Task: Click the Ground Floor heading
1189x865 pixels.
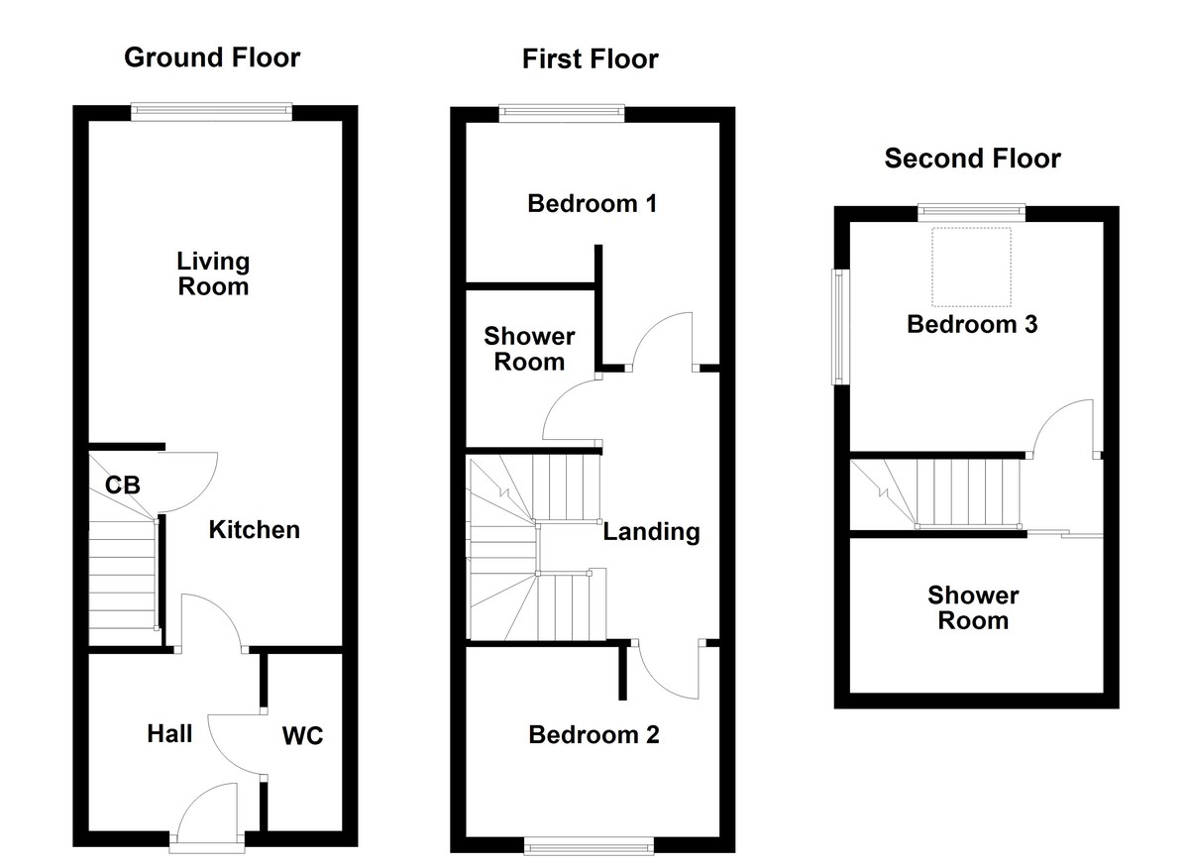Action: click(212, 57)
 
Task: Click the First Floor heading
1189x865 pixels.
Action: click(591, 59)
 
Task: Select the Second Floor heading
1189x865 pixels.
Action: click(972, 159)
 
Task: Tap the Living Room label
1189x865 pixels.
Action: click(213, 274)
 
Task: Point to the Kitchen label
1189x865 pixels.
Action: click(254, 530)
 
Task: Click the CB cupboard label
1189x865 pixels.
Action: click(124, 486)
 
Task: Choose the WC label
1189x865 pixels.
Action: click(302, 736)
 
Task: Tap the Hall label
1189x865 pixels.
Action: click(169, 734)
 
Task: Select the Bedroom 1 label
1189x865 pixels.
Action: click(592, 204)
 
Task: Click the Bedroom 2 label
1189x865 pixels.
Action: click(594, 735)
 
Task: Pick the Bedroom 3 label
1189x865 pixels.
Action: click(972, 324)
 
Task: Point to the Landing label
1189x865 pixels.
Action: click(651, 532)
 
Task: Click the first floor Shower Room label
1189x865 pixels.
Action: click(529, 349)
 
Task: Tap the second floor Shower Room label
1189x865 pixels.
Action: click(973, 607)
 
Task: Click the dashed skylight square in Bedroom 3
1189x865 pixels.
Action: click(972, 267)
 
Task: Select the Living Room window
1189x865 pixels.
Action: click(212, 113)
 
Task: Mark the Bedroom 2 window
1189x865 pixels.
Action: click(589, 845)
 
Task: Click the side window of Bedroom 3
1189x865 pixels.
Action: click(839, 327)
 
